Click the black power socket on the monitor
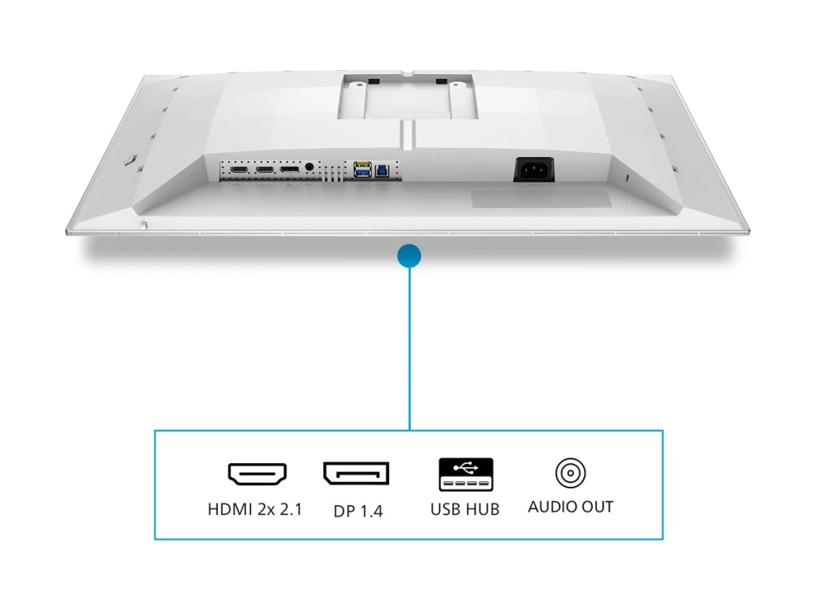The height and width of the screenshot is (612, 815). tap(533, 169)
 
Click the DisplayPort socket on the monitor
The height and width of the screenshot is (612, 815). tap(289, 170)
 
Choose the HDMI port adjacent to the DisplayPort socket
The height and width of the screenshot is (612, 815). tap(264, 170)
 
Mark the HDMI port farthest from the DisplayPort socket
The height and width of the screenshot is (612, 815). tap(239, 170)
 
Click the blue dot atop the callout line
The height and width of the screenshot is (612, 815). tap(409, 255)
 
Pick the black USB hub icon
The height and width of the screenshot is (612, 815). tap(466, 474)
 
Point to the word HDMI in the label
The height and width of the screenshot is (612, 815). tap(228, 508)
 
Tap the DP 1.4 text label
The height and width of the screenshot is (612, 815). tap(358, 511)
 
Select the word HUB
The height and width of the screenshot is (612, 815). tap(483, 508)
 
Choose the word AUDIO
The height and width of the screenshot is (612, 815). tap(552, 507)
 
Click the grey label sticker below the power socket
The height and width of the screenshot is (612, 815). tap(541, 199)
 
